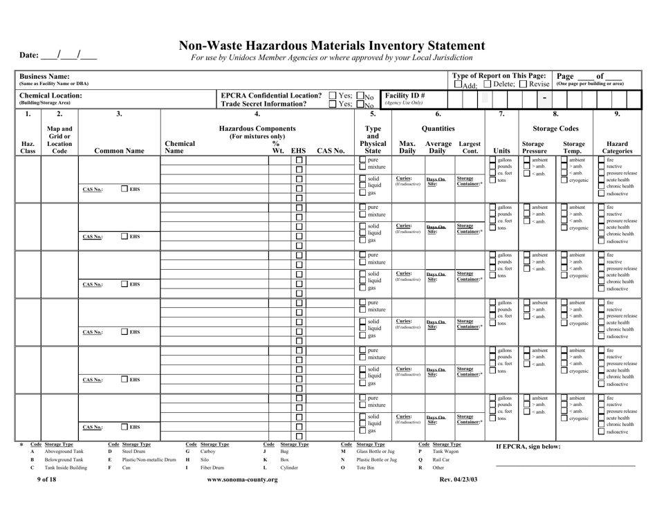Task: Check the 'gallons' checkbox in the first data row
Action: pyautogui.click(x=492, y=160)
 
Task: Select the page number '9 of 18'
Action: pyautogui.click(x=48, y=499)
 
